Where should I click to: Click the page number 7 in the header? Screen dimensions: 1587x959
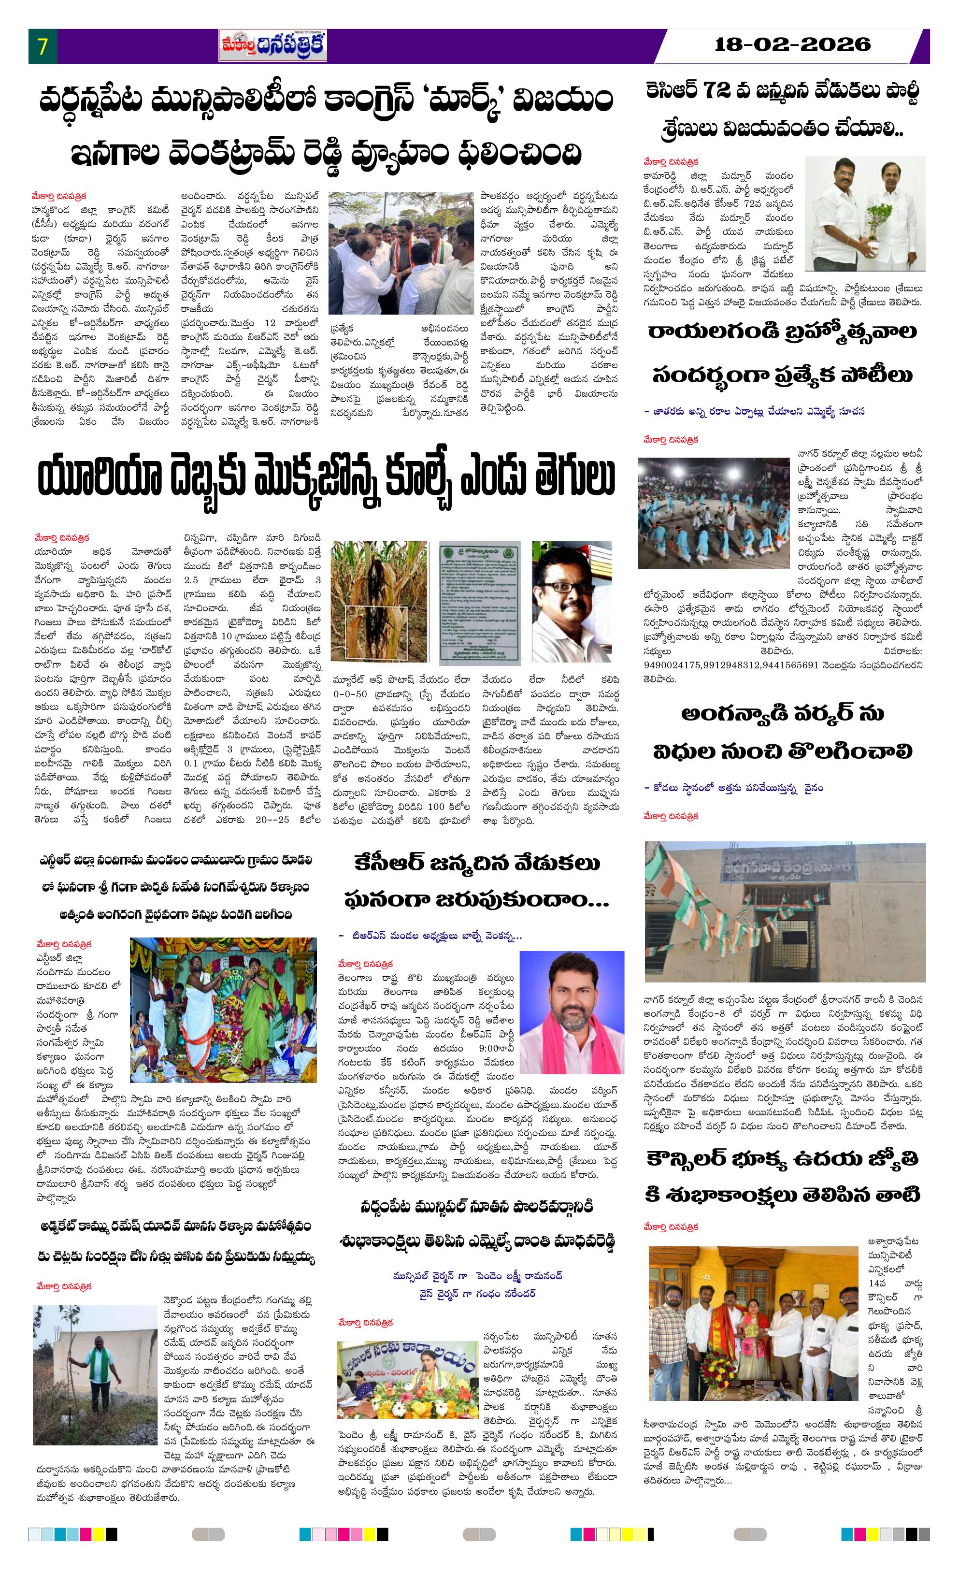click(43, 46)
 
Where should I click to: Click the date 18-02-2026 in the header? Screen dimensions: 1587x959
click(792, 44)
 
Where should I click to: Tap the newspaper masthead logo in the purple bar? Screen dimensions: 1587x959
click(272, 46)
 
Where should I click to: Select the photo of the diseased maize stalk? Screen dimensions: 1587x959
click(380, 600)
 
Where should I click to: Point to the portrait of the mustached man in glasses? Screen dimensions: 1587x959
click(571, 601)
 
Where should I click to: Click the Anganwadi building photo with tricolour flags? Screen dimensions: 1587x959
click(785, 911)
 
